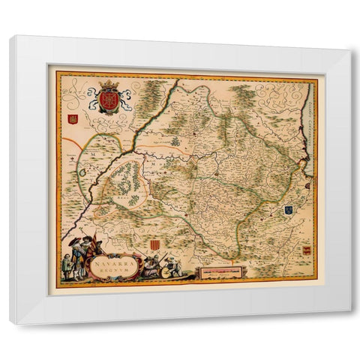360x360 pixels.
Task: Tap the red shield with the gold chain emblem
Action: click(x=109, y=100)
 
